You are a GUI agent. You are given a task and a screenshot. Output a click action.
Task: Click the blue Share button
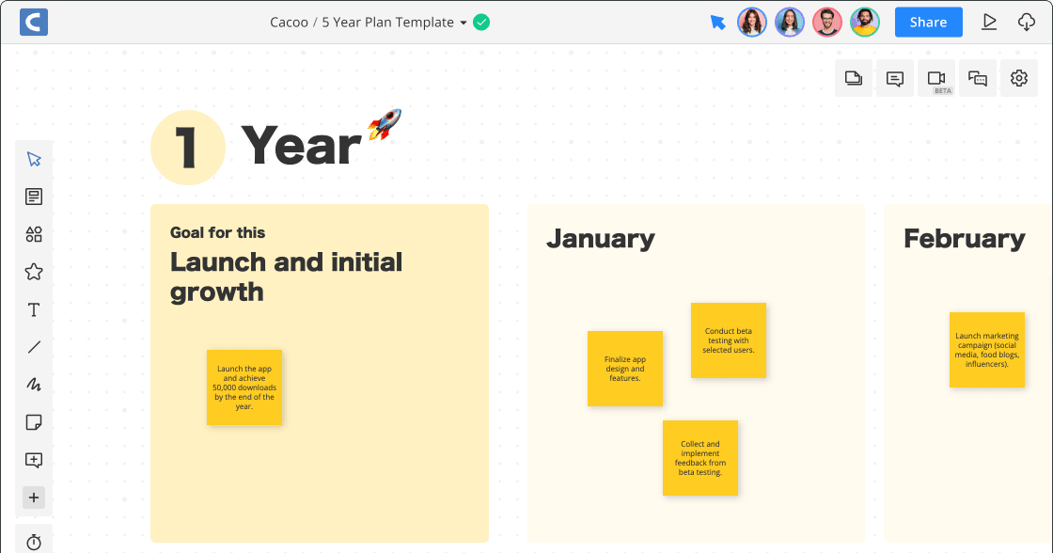coord(928,22)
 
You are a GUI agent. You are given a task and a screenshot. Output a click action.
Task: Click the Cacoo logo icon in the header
coord(33,22)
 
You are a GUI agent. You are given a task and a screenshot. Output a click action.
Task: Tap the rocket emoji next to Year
coord(385,124)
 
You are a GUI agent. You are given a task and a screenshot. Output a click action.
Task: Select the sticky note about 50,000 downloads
coord(244,387)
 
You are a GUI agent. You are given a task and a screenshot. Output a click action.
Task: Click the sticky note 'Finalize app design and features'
coord(625,369)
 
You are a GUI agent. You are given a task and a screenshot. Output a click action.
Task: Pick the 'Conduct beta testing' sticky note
coord(729,340)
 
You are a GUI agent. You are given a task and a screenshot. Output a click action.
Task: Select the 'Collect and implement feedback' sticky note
coord(700,458)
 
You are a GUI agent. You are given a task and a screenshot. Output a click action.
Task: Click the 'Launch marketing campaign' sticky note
coord(987,350)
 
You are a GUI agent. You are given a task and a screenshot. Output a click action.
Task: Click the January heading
coord(600,239)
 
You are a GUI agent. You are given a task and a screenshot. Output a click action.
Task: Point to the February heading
coord(964,239)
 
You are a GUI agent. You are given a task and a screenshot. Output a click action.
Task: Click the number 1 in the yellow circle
coord(188,148)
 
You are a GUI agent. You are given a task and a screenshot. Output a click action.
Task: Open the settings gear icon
coord(1019,78)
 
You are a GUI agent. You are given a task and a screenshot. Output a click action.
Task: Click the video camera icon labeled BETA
coord(936,78)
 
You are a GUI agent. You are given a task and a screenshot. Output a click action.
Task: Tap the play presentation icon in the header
coord(989,22)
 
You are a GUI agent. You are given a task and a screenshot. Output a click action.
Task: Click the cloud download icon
coord(1027,22)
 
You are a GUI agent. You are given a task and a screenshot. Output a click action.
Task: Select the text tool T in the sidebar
coord(34,309)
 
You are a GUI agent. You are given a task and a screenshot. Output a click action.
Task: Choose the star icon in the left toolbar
coord(34,272)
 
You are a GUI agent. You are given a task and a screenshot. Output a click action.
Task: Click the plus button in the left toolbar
coord(34,498)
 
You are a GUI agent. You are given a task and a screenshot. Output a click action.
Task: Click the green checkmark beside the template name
coord(481,22)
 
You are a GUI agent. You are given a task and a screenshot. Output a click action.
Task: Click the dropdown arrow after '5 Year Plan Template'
coord(464,23)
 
